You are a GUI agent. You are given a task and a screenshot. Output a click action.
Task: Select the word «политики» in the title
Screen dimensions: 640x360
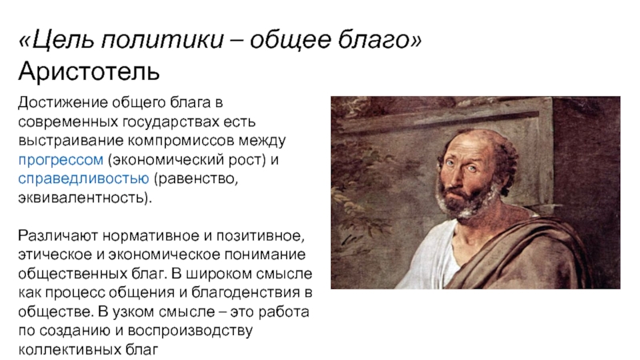162,40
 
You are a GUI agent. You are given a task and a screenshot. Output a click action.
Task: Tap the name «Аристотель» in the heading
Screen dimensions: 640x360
89,71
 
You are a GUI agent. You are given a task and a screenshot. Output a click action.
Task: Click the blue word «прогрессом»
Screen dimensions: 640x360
61,160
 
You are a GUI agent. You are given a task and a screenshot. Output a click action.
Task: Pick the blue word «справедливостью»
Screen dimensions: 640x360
84,178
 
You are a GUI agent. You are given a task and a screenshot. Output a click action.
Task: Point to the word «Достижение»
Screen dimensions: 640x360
63,102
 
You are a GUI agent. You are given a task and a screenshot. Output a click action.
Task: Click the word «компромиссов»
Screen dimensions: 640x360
182,141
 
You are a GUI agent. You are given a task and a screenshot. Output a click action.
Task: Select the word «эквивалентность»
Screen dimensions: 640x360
82,198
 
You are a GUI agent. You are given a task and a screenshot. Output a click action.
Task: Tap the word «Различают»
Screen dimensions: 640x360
58,235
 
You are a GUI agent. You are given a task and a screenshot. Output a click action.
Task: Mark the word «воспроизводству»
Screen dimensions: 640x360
190,330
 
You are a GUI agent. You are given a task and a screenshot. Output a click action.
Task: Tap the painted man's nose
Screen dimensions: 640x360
458,176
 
